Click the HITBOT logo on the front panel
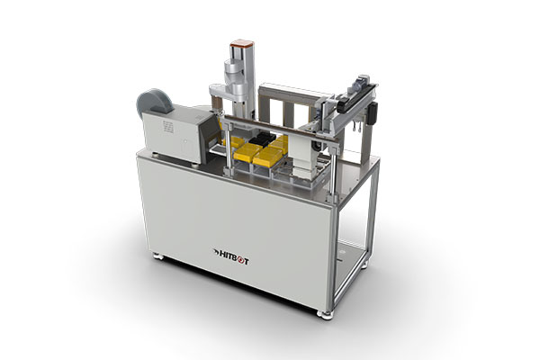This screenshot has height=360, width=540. (x=230, y=256)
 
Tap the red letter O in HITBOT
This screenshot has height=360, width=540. (x=239, y=260)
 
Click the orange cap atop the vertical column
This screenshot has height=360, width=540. (x=242, y=43)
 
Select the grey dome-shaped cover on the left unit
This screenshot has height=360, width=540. (x=154, y=102)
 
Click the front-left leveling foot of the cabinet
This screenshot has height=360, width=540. (x=158, y=256)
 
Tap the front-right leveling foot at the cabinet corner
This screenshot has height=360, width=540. (x=324, y=315)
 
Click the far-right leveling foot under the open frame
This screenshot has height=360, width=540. (x=364, y=265)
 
